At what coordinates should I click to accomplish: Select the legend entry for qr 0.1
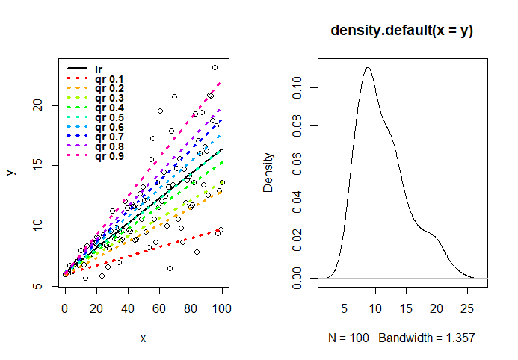[108, 78]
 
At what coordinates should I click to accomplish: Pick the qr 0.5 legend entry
[108, 117]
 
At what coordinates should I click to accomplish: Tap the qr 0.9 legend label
[108, 156]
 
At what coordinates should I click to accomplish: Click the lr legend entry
[98, 69]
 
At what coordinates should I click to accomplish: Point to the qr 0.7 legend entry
[108, 137]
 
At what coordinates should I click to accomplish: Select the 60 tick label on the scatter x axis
[159, 305]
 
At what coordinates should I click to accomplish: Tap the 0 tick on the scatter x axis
[65, 305]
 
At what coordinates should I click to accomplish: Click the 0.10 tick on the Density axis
[297, 87]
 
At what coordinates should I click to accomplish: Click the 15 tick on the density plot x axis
[406, 305]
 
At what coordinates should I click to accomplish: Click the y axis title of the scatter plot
[10, 172]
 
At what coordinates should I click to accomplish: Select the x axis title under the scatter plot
[143, 338]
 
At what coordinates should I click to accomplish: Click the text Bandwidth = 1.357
[427, 338]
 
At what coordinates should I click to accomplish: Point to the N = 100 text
[349, 338]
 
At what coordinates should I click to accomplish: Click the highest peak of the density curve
[368, 67]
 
